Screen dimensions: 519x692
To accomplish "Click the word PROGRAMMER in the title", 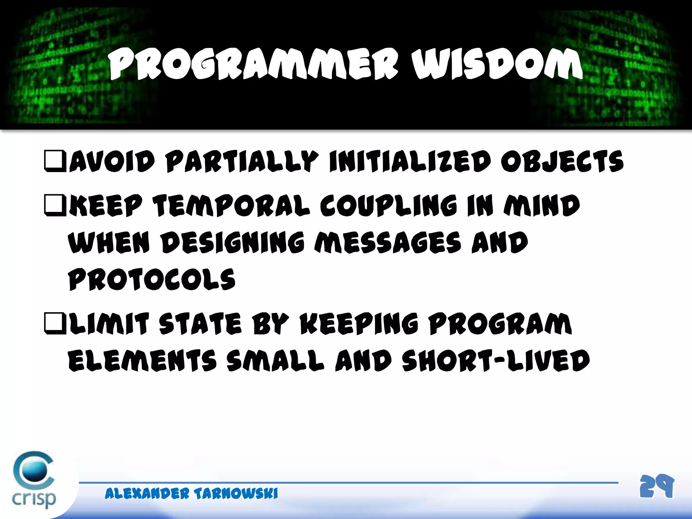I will (253, 64).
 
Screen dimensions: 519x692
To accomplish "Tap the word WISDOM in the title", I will (497, 64).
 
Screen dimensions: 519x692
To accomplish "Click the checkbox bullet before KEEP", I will (55, 205).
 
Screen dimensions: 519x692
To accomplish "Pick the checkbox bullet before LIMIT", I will (55, 323).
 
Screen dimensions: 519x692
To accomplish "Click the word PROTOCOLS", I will (151, 280).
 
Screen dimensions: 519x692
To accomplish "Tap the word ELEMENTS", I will (142, 361).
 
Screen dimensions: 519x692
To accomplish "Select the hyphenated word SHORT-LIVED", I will (496, 361).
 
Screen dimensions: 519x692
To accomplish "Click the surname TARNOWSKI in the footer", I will (236, 494).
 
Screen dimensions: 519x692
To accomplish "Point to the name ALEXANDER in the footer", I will (147, 494).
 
